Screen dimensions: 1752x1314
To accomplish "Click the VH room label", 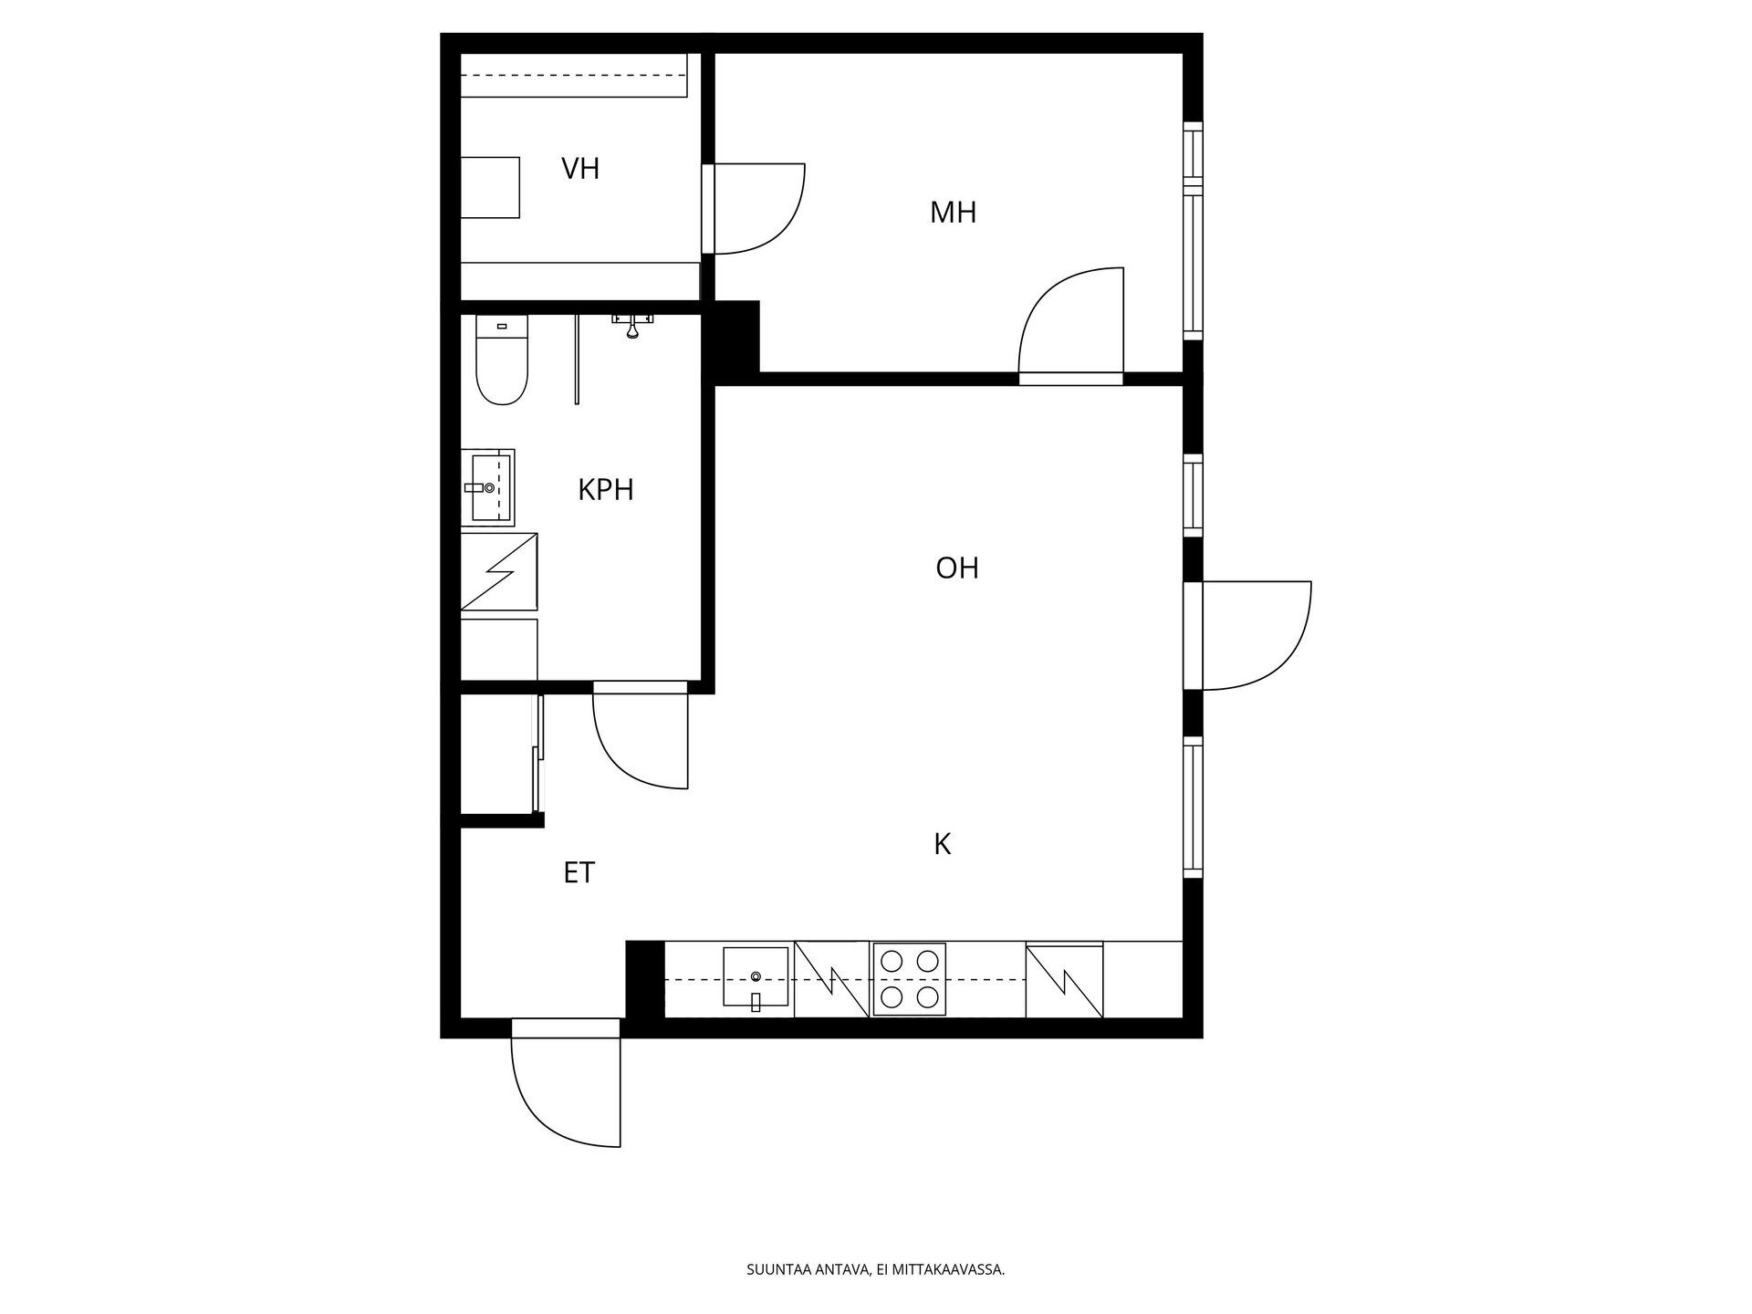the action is coord(580,169).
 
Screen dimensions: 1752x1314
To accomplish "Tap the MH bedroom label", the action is coord(953,213).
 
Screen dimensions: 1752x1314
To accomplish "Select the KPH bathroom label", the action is coord(606,490).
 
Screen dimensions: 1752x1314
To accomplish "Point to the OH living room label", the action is coord(957,568).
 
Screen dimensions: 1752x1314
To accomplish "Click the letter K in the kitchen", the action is coord(943,844).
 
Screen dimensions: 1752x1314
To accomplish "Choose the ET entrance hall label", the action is coord(579,873).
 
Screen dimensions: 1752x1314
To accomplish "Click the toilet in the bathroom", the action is coord(502,360).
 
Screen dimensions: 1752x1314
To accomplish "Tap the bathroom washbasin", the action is coord(488,487).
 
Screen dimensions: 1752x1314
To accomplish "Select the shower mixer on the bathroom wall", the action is coord(632,324).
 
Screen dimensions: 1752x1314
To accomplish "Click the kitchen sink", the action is coord(756,977).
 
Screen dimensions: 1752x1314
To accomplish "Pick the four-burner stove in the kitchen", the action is coord(910,979).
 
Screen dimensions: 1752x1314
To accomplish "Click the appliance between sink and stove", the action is coord(831,979).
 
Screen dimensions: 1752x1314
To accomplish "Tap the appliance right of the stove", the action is coord(1064,980).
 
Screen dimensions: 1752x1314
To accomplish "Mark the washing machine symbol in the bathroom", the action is coord(499,572).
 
